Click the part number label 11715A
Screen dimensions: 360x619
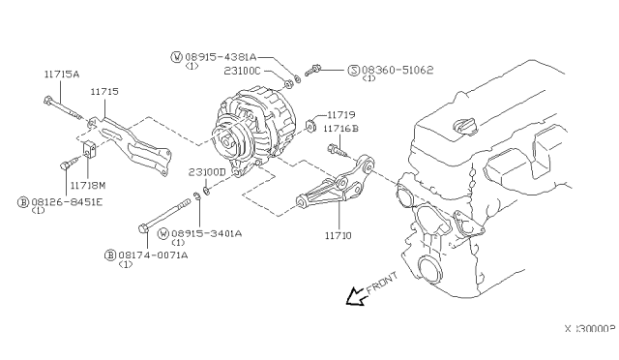(x=62, y=74)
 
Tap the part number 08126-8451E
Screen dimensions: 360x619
(x=65, y=203)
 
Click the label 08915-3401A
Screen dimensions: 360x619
(x=207, y=233)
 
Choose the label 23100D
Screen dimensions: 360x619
(x=207, y=171)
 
